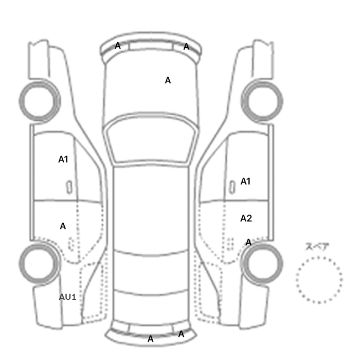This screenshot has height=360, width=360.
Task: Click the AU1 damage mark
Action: [x=67, y=297]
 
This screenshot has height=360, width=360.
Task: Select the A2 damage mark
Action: [x=246, y=219]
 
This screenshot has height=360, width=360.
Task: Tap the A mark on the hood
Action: [x=168, y=80]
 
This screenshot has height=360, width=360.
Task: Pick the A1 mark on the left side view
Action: [x=63, y=159]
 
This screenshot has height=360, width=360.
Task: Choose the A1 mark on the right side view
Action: [x=245, y=182]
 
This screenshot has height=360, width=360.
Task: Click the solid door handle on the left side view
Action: [x=69, y=187]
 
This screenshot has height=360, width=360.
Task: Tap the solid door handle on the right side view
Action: [x=232, y=187]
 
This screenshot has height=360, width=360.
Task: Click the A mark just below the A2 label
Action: [x=248, y=242]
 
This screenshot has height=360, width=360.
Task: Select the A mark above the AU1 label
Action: [x=63, y=226]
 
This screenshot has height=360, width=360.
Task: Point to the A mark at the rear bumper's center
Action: [x=150, y=339]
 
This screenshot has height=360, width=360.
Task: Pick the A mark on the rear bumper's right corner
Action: [x=181, y=334]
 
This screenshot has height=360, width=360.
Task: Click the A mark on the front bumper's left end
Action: [x=118, y=46]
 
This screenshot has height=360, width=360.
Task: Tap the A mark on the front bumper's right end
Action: [x=186, y=47]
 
